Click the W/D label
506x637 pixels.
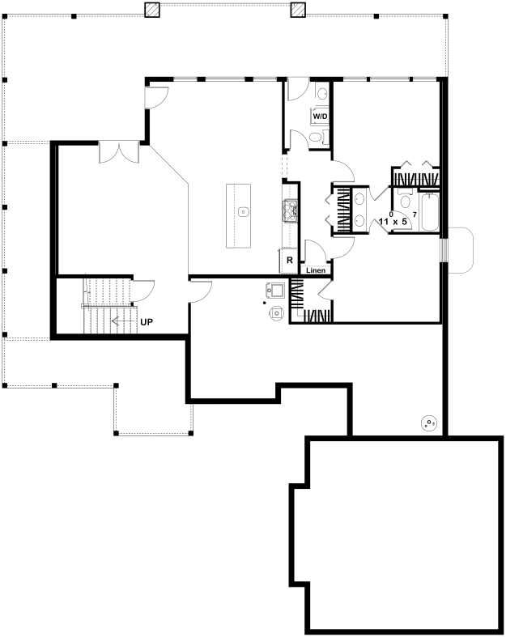[x=320, y=117]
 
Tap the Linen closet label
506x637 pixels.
[x=316, y=270]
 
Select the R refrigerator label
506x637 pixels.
[x=290, y=261]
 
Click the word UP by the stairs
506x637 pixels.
[x=147, y=322]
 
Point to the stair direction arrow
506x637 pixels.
[x=124, y=322]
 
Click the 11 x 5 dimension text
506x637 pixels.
[x=393, y=222]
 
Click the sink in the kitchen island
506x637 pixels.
[x=244, y=211]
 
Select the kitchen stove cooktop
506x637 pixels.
[x=290, y=211]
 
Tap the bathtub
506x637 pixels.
[x=430, y=213]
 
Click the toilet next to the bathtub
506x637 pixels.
[x=405, y=201]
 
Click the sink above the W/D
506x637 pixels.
[x=321, y=94]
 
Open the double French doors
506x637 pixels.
[x=119, y=153]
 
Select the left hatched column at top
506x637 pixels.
[x=153, y=10]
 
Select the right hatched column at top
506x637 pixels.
[x=298, y=10]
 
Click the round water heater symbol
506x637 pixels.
[x=278, y=312]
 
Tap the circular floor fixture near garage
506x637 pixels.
[x=429, y=423]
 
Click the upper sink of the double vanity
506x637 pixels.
[x=359, y=199]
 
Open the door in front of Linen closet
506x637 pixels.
[x=316, y=251]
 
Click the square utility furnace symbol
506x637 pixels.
[x=275, y=291]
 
